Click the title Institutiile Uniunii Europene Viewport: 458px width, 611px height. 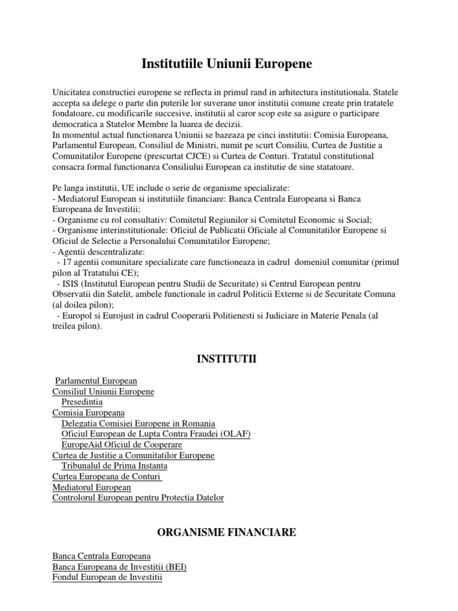pos(227,64)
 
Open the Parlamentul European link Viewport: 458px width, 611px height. pos(96,381)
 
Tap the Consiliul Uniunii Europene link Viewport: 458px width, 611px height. pos(103,391)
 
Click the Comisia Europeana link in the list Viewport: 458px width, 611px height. pos(88,413)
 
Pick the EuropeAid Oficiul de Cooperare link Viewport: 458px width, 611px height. pos(122,445)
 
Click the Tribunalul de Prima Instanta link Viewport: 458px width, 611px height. pos(114,466)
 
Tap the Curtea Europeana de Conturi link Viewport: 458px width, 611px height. pos(107,477)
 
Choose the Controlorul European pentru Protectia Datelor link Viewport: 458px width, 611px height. pos(138,498)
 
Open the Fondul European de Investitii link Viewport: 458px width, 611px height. pos(107,578)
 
